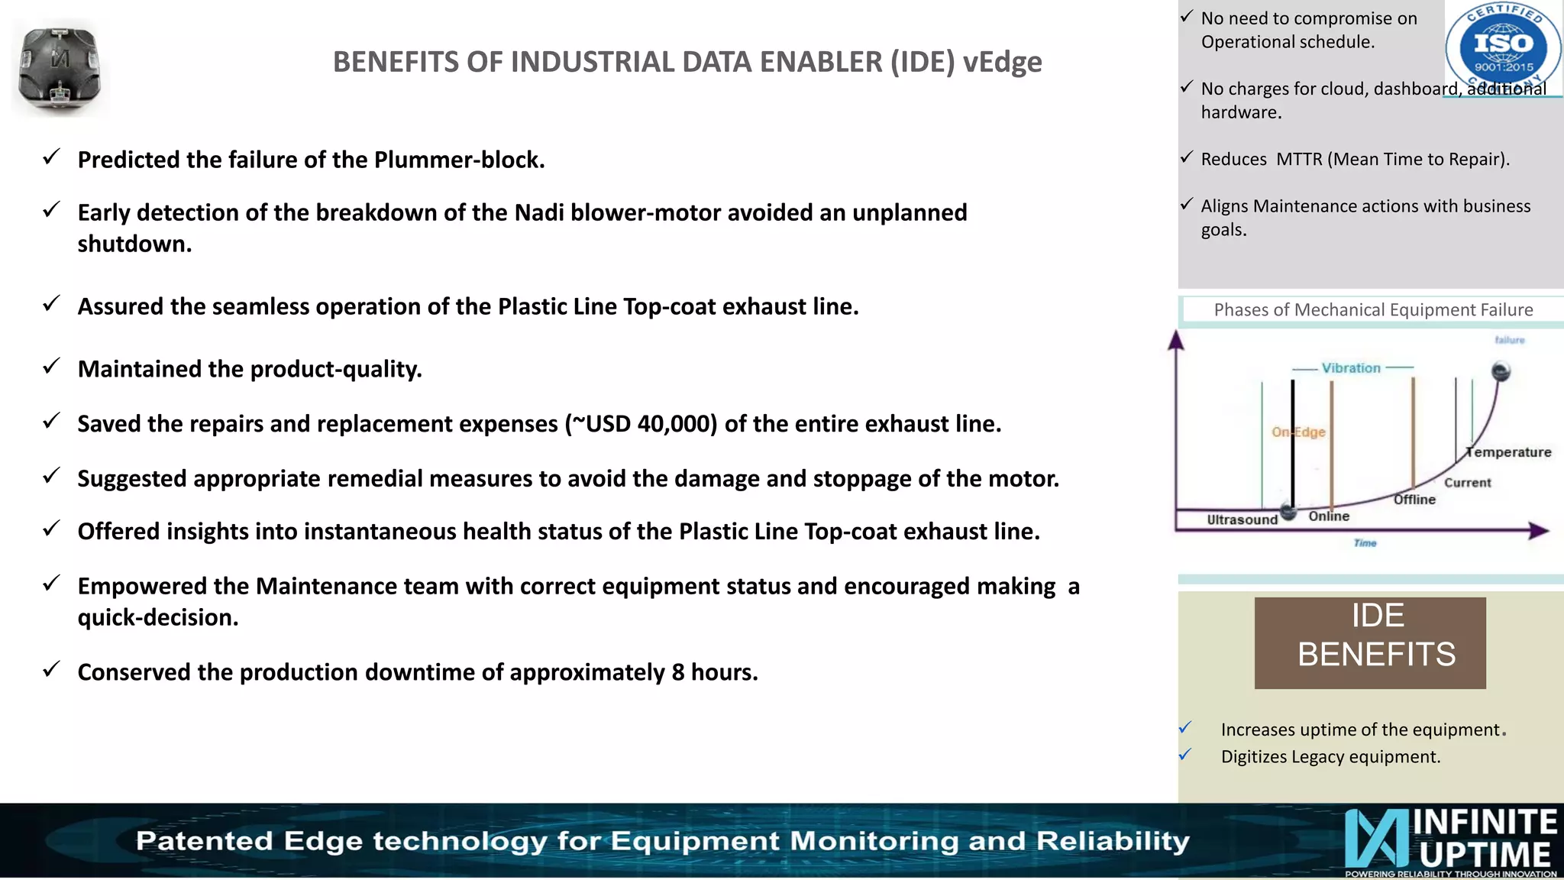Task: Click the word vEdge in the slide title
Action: [x=1002, y=62]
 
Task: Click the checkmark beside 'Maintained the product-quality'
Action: [x=51, y=367]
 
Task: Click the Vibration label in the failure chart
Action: [x=1351, y=368]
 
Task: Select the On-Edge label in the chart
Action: [x=1298, y=432]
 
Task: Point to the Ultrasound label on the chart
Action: [x=1242, y=519]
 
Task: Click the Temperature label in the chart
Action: [x=1510, y=452]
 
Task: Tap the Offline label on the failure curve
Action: [x=1414, y=500]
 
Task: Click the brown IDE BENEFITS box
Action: [x=1370, y=642]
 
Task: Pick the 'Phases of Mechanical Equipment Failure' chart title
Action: [x=1373, y=309]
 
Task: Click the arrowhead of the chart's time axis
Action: [x=1539, y=530]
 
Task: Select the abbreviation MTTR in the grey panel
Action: [x=1299, y=159]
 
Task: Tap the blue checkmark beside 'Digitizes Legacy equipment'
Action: [x=1185, y=755]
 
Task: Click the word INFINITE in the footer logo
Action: [x=1485, y=822]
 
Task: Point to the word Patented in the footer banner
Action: [x=204, y=841]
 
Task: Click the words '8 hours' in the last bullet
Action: [x=714, y=672]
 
